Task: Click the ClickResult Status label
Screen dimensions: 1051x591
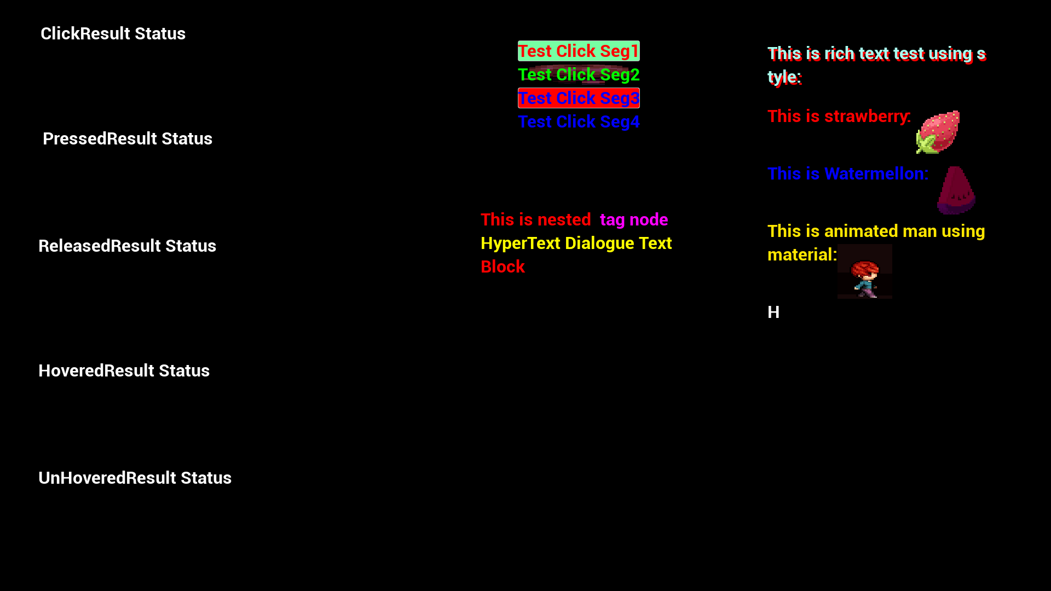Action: (x=113, y=34)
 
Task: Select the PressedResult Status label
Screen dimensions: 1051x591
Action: (x=128, y=139)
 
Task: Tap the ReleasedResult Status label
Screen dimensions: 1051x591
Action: (x=127, y=246)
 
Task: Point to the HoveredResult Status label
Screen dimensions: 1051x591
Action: (x=124, y=371)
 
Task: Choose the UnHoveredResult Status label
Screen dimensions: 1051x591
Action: (x=135, y=478)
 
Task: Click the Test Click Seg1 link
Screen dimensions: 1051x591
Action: (x=579, y=51)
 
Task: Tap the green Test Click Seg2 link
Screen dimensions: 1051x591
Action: (x=579, y=75)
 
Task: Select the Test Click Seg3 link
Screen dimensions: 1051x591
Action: (x=579, y=99)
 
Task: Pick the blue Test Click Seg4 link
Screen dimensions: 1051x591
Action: (x=579, y=122)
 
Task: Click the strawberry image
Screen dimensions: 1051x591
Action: (x=938, y=132)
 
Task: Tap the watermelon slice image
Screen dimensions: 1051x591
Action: (x=956, y=190)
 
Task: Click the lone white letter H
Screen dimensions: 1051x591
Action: (x=773, y=312)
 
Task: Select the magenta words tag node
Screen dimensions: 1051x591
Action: (x=634, y=220)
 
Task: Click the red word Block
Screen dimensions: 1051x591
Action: (x=503, y=267)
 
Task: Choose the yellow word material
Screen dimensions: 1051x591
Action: (x=800, y=255)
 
